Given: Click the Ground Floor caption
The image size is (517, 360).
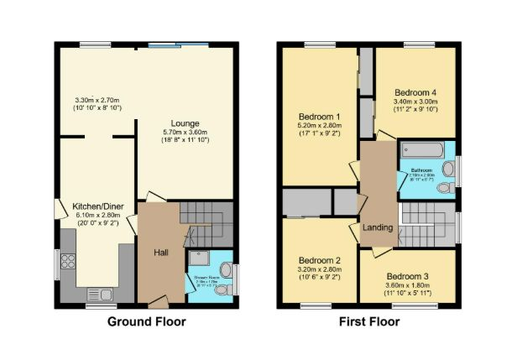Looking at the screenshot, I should point(147,321).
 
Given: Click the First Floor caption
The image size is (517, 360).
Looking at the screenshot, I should point(369,321).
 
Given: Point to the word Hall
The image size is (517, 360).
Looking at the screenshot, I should point(163,251).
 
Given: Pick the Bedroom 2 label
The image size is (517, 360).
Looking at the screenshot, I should point(319,260).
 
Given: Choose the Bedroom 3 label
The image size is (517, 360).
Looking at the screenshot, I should point(408,276).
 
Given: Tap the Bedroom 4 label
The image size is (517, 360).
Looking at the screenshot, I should point(416,92).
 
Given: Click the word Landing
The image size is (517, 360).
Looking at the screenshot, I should point(377,227).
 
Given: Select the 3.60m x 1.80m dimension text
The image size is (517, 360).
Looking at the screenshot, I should point(408,285).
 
